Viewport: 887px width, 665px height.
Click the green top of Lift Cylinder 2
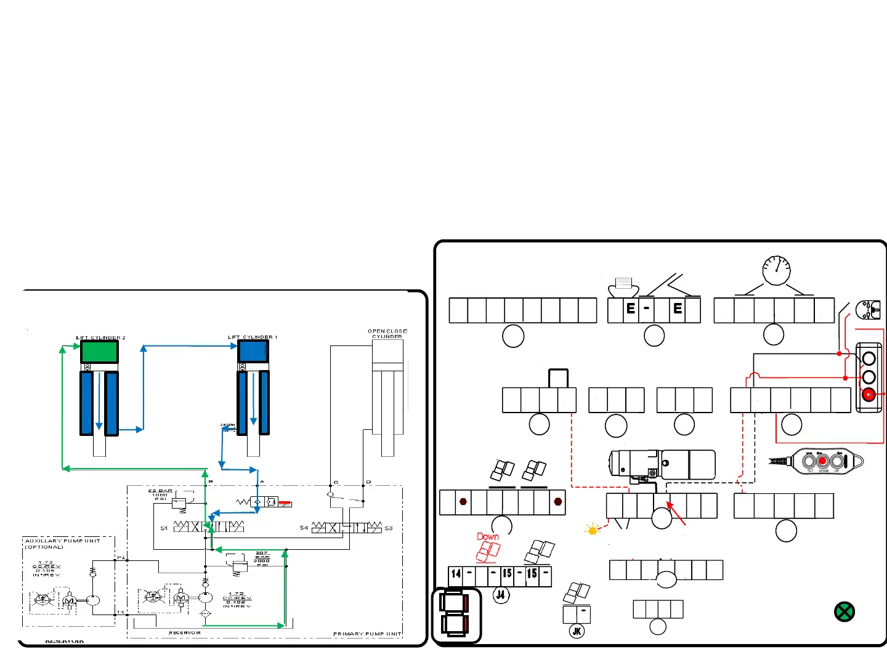pos(99,352)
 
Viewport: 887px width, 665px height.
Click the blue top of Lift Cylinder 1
pos(253,352)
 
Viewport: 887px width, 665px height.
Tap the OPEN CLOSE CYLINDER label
pos(387,334)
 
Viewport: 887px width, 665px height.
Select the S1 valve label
pos(164,528)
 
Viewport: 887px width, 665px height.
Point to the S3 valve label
pos(389,528)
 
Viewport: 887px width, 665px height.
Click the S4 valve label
pos(304,528)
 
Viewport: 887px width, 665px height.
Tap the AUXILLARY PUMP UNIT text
pos(62,541)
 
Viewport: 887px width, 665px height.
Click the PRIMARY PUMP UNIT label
pos(367,634)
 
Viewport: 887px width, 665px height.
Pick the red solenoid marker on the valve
pos(285,503)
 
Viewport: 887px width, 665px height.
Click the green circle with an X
pos(844,611)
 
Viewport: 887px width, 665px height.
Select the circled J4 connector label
pos(501,595)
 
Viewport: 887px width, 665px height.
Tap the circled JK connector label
pos(577,631)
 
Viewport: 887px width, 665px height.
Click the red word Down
pos(488,537)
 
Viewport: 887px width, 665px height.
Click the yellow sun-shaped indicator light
pos(593,530)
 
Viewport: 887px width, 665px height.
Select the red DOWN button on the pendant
pos(822,461)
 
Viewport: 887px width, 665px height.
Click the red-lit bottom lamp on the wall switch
pos(869,395)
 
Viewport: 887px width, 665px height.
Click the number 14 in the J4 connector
pos(456,574)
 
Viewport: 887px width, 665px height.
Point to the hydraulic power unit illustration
pos(662,465)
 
